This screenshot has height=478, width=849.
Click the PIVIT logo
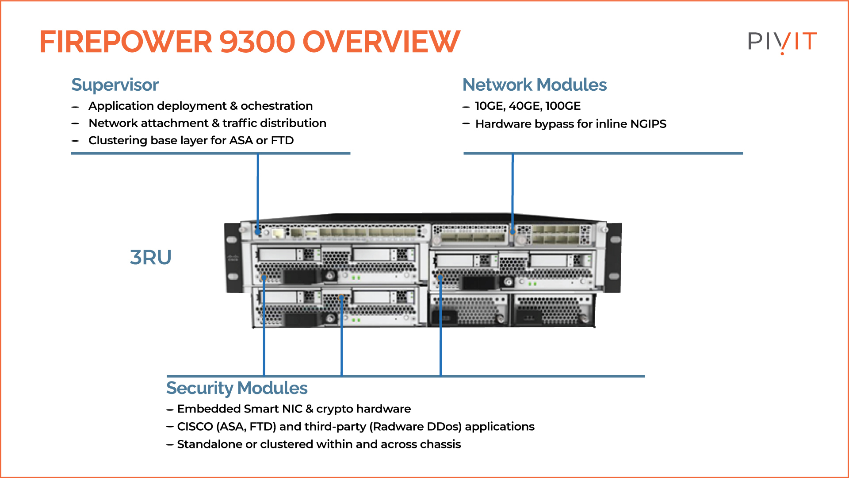(x=782, y=42)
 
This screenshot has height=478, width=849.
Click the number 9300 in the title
(x=257, y=42)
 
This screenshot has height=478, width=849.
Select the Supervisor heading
(x=115, y=85)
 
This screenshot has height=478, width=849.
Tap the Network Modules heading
(x=534, y=85)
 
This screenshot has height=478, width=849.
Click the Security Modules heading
(x=237, y=388)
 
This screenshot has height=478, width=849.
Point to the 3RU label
(x=150, y=257)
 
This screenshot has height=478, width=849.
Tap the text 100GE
(x=563, y=106)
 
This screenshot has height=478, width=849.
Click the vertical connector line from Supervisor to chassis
(x=258, y=190)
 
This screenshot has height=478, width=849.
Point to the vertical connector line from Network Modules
(x=512, y=190)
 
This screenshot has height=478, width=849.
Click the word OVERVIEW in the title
(x=381, y=42)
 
